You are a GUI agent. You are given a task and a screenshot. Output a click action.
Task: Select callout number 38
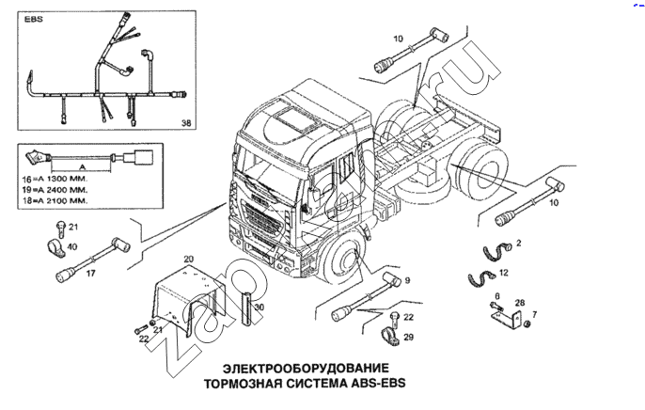(x=186, y=123)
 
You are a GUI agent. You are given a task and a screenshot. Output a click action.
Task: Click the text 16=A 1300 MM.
(x=57, y=178)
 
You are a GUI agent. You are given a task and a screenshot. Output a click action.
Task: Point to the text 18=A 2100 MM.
(x=57, y=200)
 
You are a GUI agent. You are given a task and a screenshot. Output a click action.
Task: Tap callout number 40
(x=72, y=247)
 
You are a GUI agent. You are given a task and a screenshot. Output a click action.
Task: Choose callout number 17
(x=90, y=274)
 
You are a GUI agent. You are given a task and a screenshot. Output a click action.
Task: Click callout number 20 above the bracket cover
(x=188, y=259)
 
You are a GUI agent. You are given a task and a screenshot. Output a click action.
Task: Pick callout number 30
(x=260, y=307)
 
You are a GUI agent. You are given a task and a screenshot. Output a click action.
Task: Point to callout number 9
(x=407, y=279)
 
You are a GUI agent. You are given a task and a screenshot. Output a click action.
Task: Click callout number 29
(x=407, y=337)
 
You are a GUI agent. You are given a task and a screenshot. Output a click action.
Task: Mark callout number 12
(x=504, y=273)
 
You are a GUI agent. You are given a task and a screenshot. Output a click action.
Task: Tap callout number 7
(x=535, y=314)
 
